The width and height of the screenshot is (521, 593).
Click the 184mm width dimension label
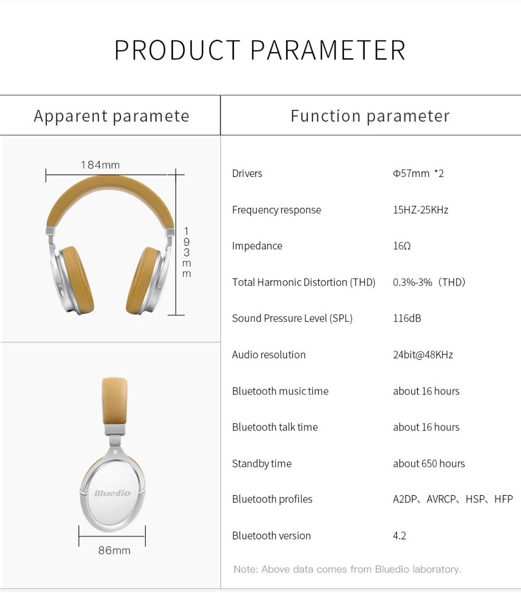point(100,165)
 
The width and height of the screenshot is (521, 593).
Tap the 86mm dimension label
point(114,550)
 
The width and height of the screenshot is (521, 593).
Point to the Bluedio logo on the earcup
point(113,493)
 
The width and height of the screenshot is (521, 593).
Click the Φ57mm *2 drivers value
point(418,173)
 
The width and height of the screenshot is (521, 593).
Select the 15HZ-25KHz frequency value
point(420,209)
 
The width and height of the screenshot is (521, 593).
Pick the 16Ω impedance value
point(402,246)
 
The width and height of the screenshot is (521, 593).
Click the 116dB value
point(407,318)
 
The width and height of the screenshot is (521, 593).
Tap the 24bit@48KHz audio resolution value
point(423,355)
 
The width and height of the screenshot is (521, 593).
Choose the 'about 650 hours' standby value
point(429,463)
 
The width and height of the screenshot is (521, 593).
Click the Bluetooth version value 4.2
point(399,536)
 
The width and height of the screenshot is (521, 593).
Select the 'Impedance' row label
point(257,246)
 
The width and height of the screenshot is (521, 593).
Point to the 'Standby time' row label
point(262,463)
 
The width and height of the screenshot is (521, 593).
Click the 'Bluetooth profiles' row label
point(272,499)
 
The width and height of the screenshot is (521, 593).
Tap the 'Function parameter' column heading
point(370,116)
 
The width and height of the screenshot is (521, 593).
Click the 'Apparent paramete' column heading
point(111,116)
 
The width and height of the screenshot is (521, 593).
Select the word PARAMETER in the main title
point(328,50)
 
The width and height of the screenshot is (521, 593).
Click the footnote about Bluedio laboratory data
point(348,569)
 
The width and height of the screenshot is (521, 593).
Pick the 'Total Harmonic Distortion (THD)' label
point(303,282)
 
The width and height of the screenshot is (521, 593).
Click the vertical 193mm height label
point(187,253)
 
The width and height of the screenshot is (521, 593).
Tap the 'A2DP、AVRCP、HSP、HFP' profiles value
point(453,499)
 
